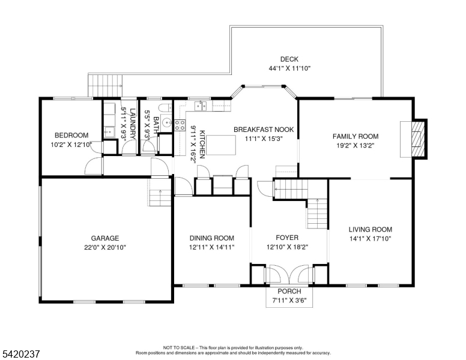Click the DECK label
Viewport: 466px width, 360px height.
pos(289,59)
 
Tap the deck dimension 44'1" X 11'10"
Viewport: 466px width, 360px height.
pos(289,68)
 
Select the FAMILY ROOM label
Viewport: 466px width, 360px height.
pos(356,136)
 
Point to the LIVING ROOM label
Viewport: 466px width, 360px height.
pos(371,229)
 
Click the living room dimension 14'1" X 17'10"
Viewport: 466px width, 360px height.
pos(371,238)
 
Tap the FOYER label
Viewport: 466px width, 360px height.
pos(287,238)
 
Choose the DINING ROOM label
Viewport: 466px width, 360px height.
pos(212,238)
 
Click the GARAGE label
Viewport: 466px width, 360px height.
pos(105,238)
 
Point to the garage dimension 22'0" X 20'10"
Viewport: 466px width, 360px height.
pos(105,247)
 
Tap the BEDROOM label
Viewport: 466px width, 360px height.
pos(71,135)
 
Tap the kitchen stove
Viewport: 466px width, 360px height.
pos(180,125)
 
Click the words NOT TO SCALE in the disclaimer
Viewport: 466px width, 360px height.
pos(178,347)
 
